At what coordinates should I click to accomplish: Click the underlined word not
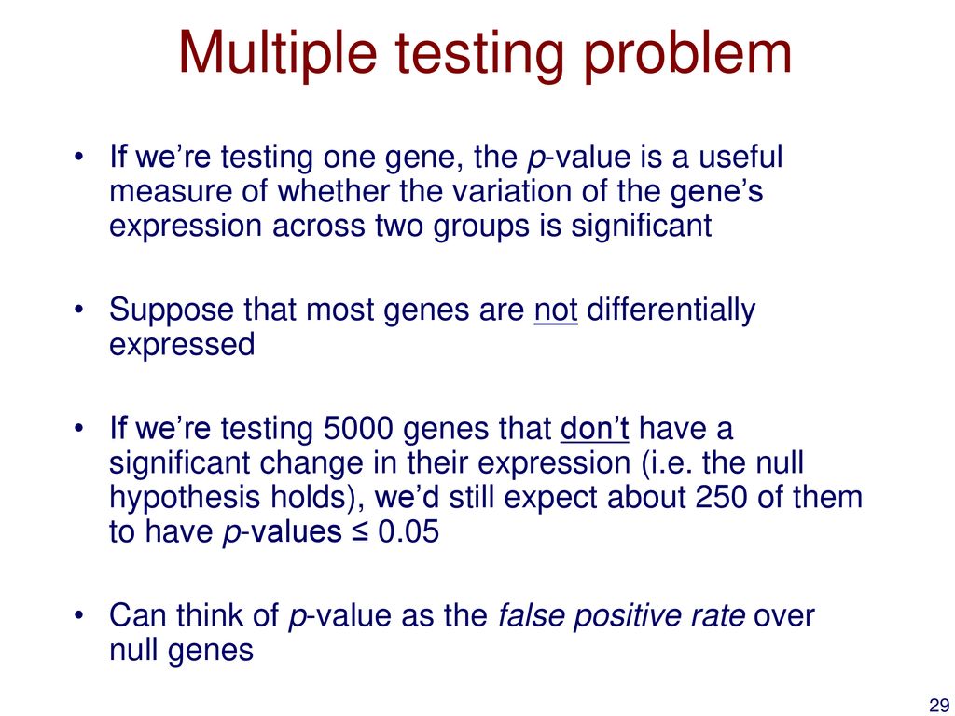tap(556, 310)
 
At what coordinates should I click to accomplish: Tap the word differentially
tap(670, 310)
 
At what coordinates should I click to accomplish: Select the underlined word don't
tap(594, 429)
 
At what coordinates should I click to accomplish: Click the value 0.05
tap(408, 532)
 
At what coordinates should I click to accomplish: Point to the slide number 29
tap(938, 705)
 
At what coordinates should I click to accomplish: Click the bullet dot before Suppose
tap(77, 310)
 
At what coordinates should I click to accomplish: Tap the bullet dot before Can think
tap(77, 615)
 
